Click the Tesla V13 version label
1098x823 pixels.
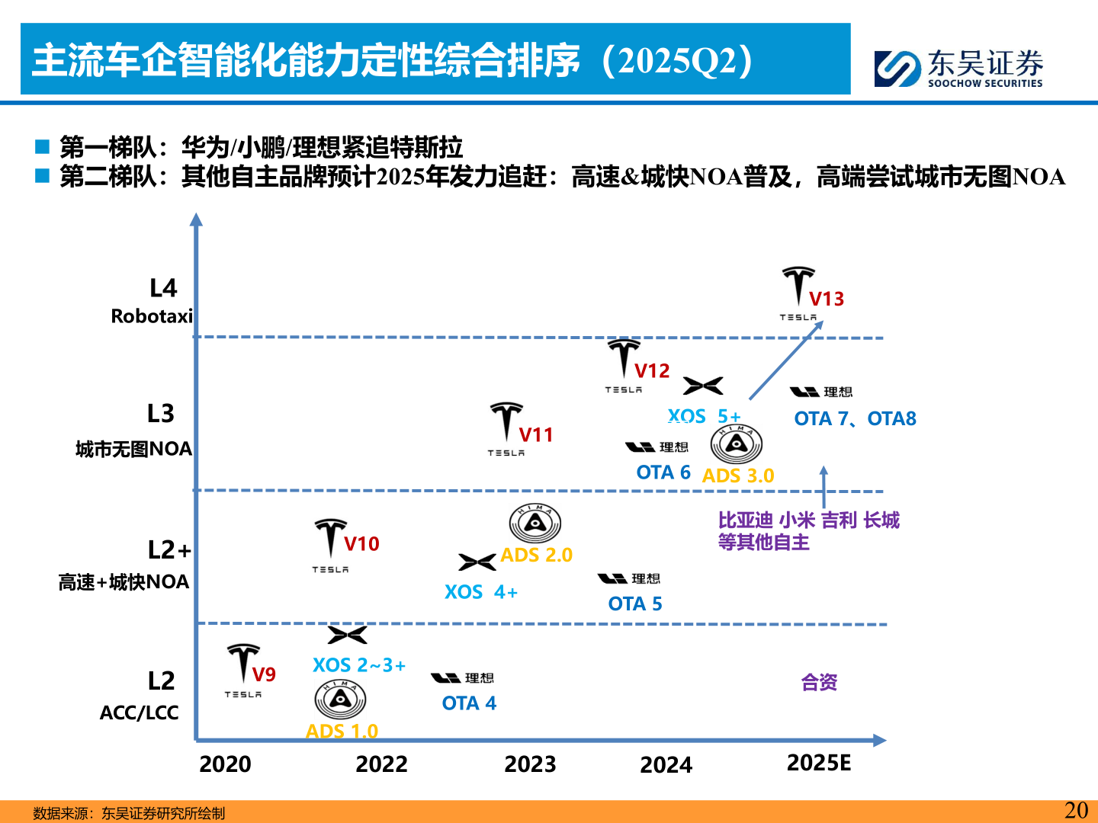point(827,299)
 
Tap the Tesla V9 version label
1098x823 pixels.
point(264,674)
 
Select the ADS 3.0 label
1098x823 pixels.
point(737,476)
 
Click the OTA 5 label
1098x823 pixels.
point(634,604)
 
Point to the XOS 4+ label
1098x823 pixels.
point(480,592)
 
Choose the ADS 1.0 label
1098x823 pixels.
point(342,731)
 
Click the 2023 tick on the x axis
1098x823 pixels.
point(530,764)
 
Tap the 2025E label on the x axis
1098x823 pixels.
point(819,763)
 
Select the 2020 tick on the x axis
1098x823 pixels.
point(225,764)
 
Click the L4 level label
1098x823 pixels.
point(163,288)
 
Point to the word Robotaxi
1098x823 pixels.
point(152,316)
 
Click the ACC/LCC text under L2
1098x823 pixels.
point(139,713)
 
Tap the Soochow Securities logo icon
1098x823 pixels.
point(897,69)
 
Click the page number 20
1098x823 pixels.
point(1076,810)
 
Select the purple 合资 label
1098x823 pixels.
point(819,682)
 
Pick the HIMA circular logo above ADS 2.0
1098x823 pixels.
point(535,524)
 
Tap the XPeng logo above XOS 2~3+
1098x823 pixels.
point(347,635)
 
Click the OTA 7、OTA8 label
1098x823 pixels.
point(855,418)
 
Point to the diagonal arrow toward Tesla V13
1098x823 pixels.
point(785,360)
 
